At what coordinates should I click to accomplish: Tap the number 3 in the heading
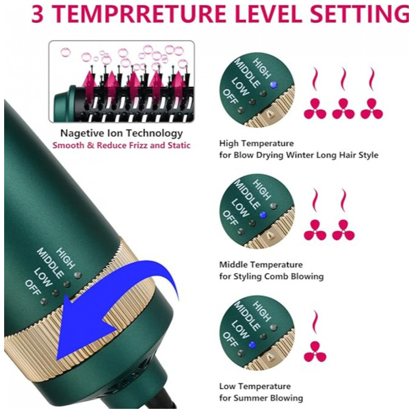tap(37, 14)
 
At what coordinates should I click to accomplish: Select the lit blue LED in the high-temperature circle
tap(274, 85)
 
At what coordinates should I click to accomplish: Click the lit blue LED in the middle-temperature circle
tap(263, 215)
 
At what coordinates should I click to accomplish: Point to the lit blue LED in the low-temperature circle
tap(252, 345)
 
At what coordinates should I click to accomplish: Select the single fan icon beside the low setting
tap(315, 351)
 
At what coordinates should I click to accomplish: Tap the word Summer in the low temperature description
tap(255, 398)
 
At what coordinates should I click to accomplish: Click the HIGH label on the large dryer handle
tap(65, 259)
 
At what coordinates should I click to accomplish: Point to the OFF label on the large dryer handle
tap(33, 287)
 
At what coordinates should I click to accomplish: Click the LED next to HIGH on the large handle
tap(78, 275)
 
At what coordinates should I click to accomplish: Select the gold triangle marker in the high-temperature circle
tap(269, 114)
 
